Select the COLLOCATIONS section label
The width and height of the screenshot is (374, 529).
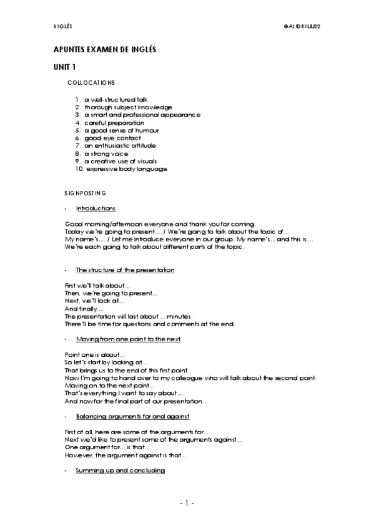pos(91,82)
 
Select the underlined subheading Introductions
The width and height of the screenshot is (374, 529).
pos(96,208)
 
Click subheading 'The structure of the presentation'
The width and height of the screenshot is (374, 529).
pos(125,269)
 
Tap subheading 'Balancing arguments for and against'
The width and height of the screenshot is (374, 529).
pos(132,415)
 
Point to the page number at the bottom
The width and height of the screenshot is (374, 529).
pos(187,503)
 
